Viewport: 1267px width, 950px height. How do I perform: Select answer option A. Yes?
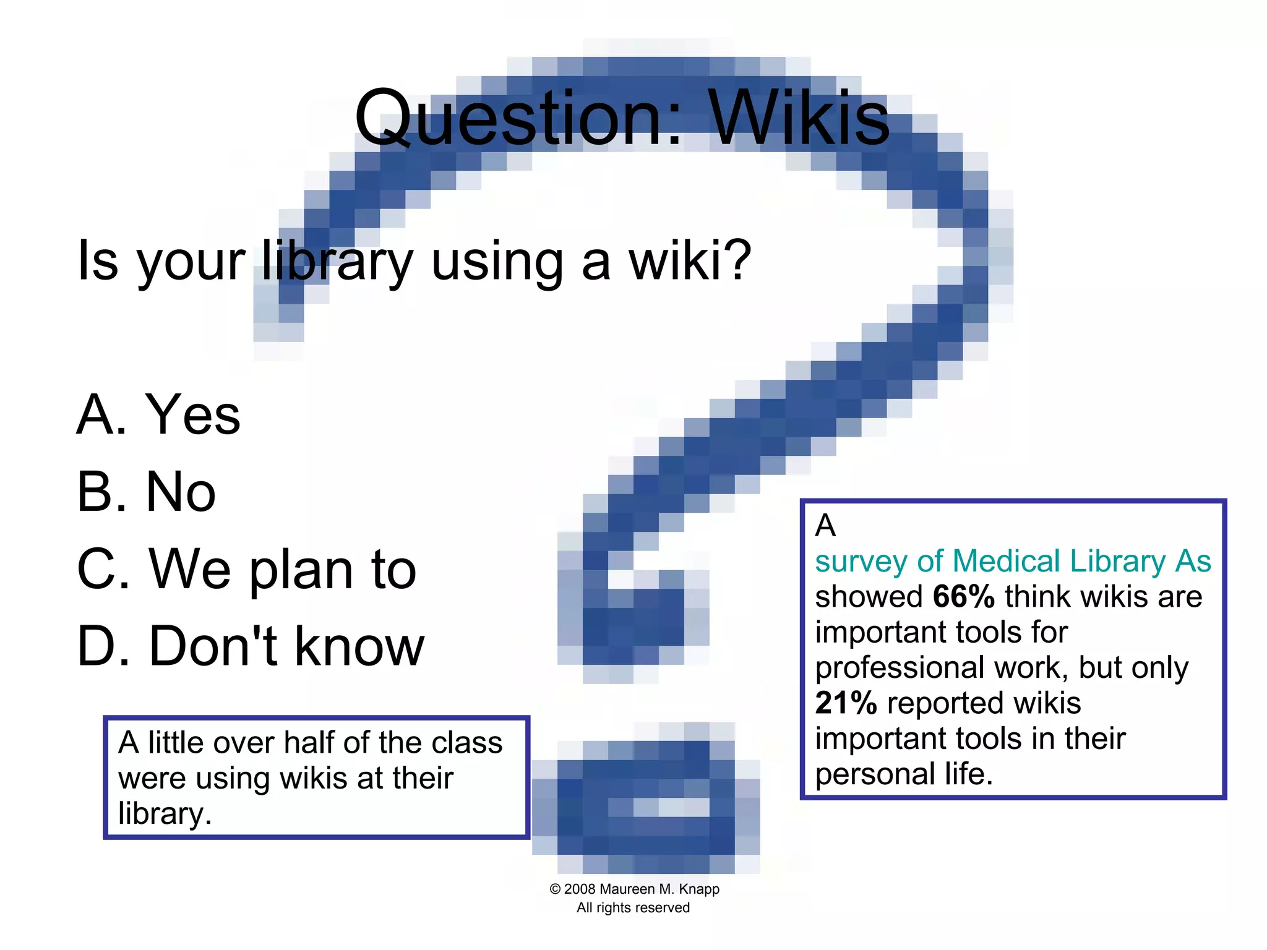[158, 414]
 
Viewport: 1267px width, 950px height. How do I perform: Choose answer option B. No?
[146, 492]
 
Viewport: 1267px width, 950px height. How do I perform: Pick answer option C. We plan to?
[246, 569]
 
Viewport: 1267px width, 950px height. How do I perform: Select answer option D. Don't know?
[251, 646]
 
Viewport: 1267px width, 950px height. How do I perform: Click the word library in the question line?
[337, 261]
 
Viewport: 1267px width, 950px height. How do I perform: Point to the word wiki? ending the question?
[690, 260]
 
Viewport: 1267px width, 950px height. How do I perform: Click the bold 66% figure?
[963, 597]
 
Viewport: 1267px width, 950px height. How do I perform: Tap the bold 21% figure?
[845, 703]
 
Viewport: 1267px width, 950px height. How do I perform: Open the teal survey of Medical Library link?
[1012, 562]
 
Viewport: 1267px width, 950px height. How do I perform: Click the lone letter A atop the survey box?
[825, 526]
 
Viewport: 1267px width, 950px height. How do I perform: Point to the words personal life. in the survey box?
[903, 774]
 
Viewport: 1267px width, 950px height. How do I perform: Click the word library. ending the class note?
[165, 814]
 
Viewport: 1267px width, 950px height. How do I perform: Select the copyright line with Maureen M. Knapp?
[634, 889]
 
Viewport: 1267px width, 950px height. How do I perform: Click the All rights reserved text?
[633, 908]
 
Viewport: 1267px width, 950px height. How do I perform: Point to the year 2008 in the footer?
[580, 889]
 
